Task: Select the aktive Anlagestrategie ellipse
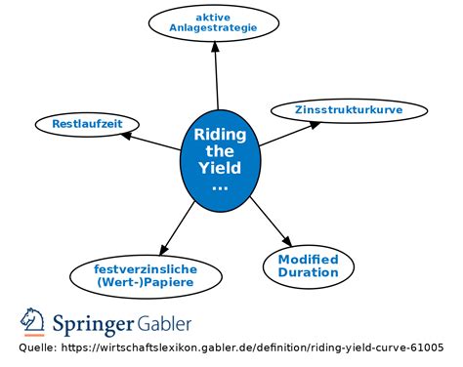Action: pos(212,23)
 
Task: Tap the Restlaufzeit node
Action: pos(86,124)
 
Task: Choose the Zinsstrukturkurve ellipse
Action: pos(349,110)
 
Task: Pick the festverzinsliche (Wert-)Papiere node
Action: pos(146,275)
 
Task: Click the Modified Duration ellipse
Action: pos(308,265)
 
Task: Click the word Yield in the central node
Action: pos(220,168)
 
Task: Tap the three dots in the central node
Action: pos(220,185)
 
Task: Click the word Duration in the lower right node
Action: pos(308,272)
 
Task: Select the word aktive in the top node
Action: pos(212,17)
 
